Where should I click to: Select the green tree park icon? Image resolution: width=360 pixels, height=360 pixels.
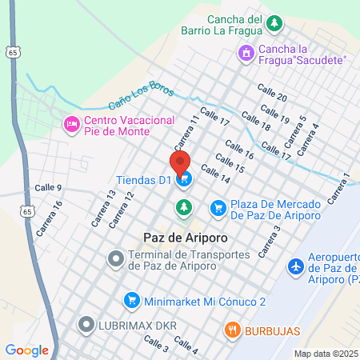[185, 208]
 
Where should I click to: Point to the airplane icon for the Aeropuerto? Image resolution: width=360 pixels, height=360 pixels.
[295, 265]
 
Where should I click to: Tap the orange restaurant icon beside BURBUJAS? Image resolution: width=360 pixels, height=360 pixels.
[233, 329]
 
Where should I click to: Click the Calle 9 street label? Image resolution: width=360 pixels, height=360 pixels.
[48, 187]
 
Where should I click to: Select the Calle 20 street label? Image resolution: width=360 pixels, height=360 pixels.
[272, 91]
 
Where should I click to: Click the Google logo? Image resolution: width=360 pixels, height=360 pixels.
[27, 350]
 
